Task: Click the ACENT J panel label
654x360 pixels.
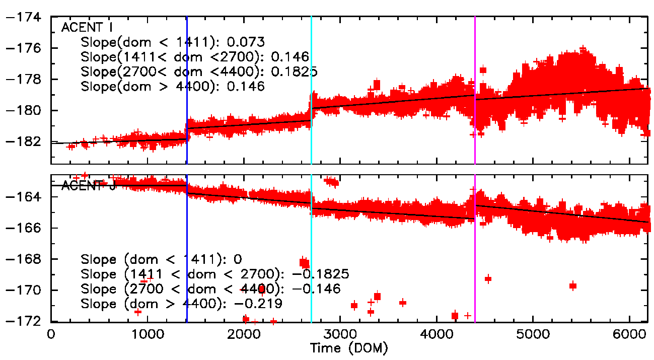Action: pyautogui.click(x=89, y=185)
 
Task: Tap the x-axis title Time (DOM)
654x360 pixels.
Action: pyautogui.click(x=349, y=348)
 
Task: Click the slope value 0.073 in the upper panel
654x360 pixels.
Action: pyautogui.click(x=246, y=42)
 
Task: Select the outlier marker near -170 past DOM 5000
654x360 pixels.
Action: pyautogui.click(x=572, y=286)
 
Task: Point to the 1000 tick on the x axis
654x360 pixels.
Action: pyautogui.click(x=148, y=334)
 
